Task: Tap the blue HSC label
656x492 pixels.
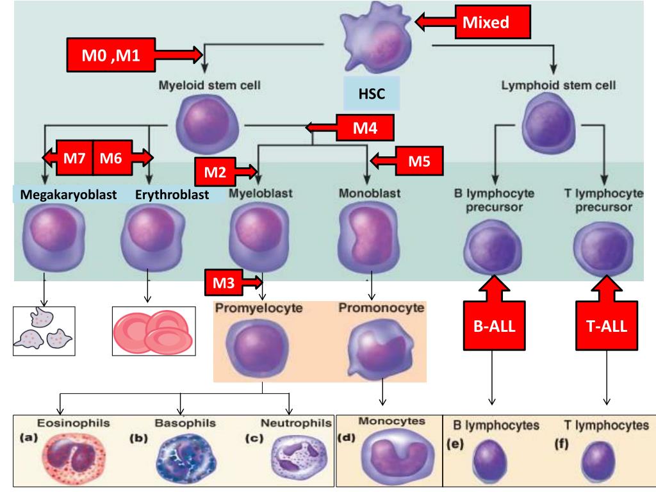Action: pos(372,94)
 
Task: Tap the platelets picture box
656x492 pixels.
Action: pos(44,331)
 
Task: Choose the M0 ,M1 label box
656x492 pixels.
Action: pos(110,56)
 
